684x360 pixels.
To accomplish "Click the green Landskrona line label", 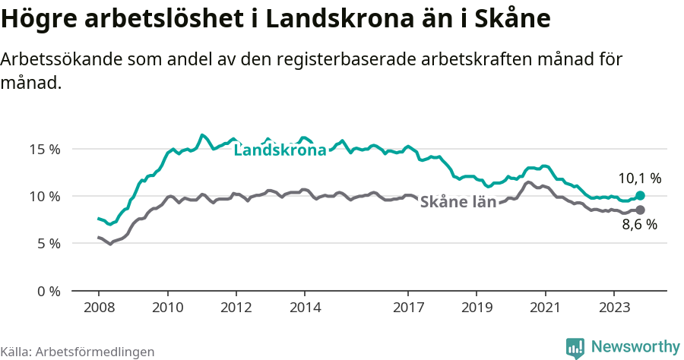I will click(x=280, y=150).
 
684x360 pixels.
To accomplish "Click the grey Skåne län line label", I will click(x=458, y=202).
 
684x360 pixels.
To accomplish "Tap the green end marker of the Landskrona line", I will click(x=640, y=195).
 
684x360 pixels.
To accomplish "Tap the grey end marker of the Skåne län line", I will click(x=640, y=210).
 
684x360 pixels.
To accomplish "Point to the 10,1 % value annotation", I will click(x=639, y=179).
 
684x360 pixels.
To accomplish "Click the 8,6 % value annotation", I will click(x=639, y=225).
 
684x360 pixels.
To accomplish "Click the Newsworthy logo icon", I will click(x=575, y=347).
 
